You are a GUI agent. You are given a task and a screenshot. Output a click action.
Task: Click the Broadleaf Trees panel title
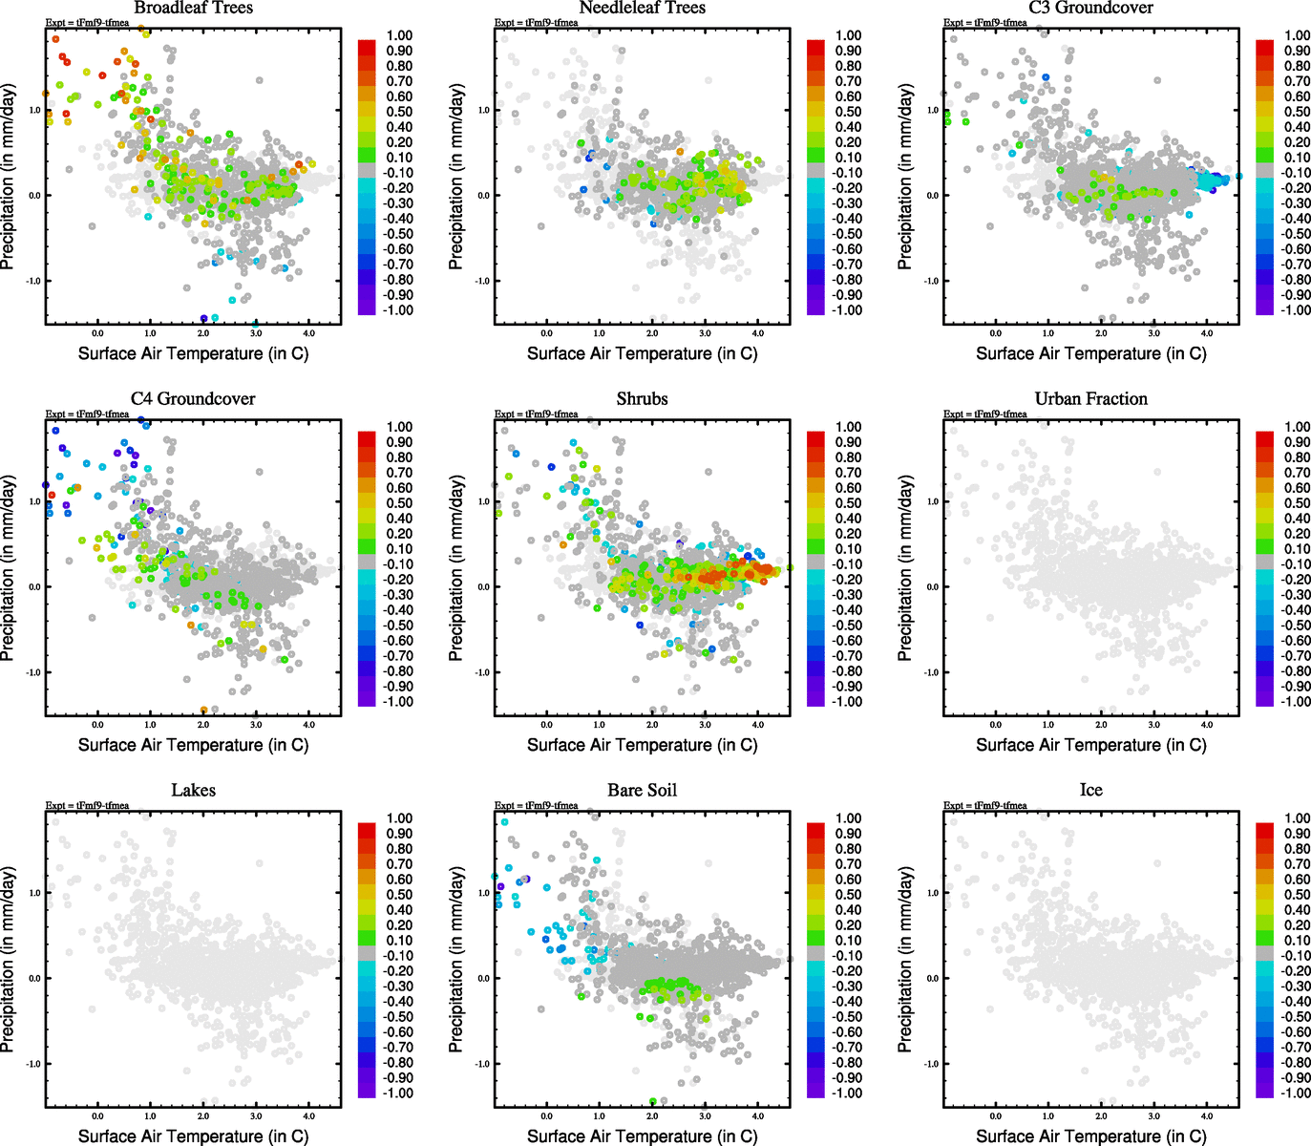[193, 8]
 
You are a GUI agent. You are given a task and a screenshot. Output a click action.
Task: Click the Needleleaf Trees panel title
[642, 8]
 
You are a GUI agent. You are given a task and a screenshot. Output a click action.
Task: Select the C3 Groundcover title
[1090, 8]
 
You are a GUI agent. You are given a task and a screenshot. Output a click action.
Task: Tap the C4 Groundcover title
[193, 399]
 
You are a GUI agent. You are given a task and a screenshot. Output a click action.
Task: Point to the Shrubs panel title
[642, 399]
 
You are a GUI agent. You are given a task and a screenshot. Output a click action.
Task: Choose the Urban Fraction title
[1090, 399]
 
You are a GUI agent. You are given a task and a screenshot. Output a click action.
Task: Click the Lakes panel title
[193, 791]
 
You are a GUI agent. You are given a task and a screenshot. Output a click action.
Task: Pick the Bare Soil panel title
[642, 791]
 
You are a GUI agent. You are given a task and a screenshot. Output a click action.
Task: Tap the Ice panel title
[1090, 791]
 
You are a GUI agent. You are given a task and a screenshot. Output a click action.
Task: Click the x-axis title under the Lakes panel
[193, 1136]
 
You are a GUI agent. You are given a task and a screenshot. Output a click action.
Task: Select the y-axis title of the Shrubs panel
[456, 568]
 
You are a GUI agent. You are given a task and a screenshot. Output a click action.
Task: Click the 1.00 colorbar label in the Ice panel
[1297, 818]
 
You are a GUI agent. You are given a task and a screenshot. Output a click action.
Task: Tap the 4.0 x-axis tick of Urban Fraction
[1207, 725]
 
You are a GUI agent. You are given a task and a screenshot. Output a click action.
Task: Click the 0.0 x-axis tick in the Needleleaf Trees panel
[546, 333]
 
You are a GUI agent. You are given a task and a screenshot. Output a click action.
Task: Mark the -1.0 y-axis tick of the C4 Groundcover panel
[33, 672]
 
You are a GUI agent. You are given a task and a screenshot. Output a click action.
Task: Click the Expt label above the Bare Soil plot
[536, 805]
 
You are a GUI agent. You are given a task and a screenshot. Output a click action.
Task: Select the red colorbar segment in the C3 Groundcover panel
[1264, 47]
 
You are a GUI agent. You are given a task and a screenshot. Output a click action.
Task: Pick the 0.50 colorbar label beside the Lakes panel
[399, 895]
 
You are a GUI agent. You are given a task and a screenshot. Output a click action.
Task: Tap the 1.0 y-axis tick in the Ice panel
[932, 893]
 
